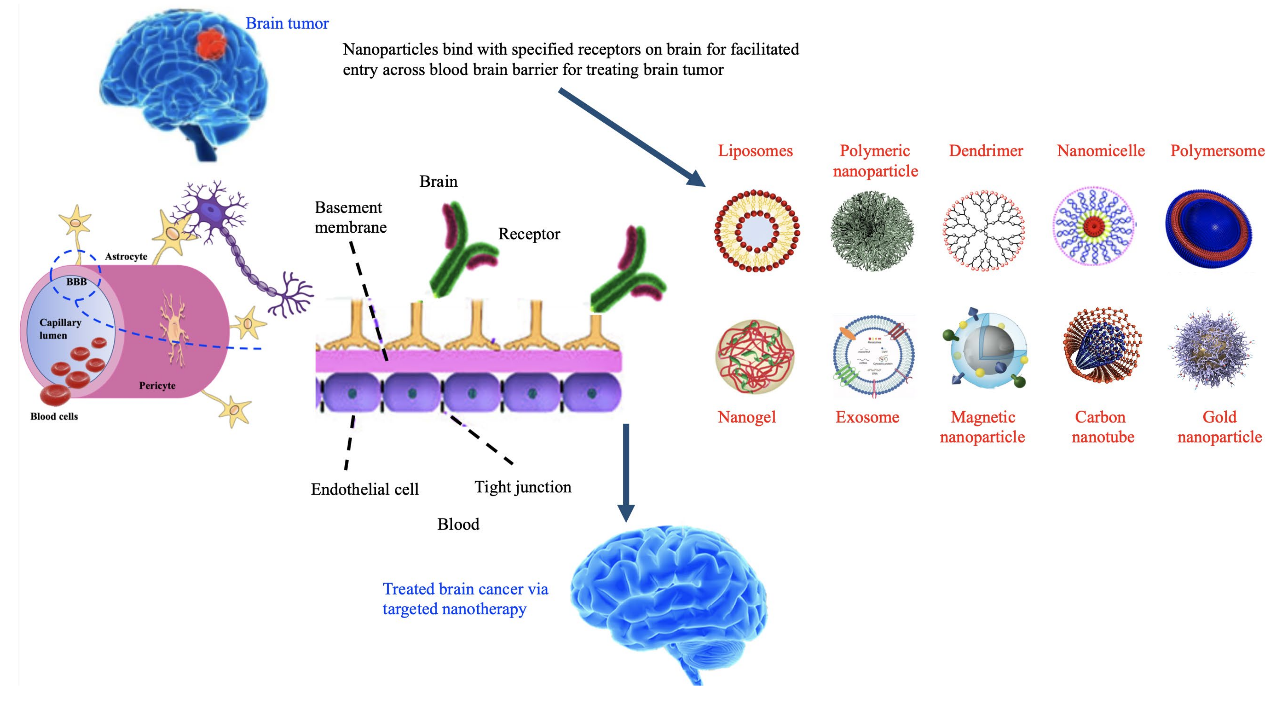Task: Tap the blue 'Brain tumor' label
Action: tap(287, 23)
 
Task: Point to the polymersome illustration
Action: tap(1208, 229)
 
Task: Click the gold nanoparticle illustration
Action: tap(1212, 350)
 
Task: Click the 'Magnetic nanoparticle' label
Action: tap(982, 427)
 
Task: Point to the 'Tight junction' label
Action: tap(523, 487)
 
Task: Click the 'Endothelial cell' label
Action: tap(365, 489)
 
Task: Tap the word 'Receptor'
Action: tap(529, 234)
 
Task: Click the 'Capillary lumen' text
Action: tap(59, 329)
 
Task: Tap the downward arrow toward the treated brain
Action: tap(626, 472)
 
